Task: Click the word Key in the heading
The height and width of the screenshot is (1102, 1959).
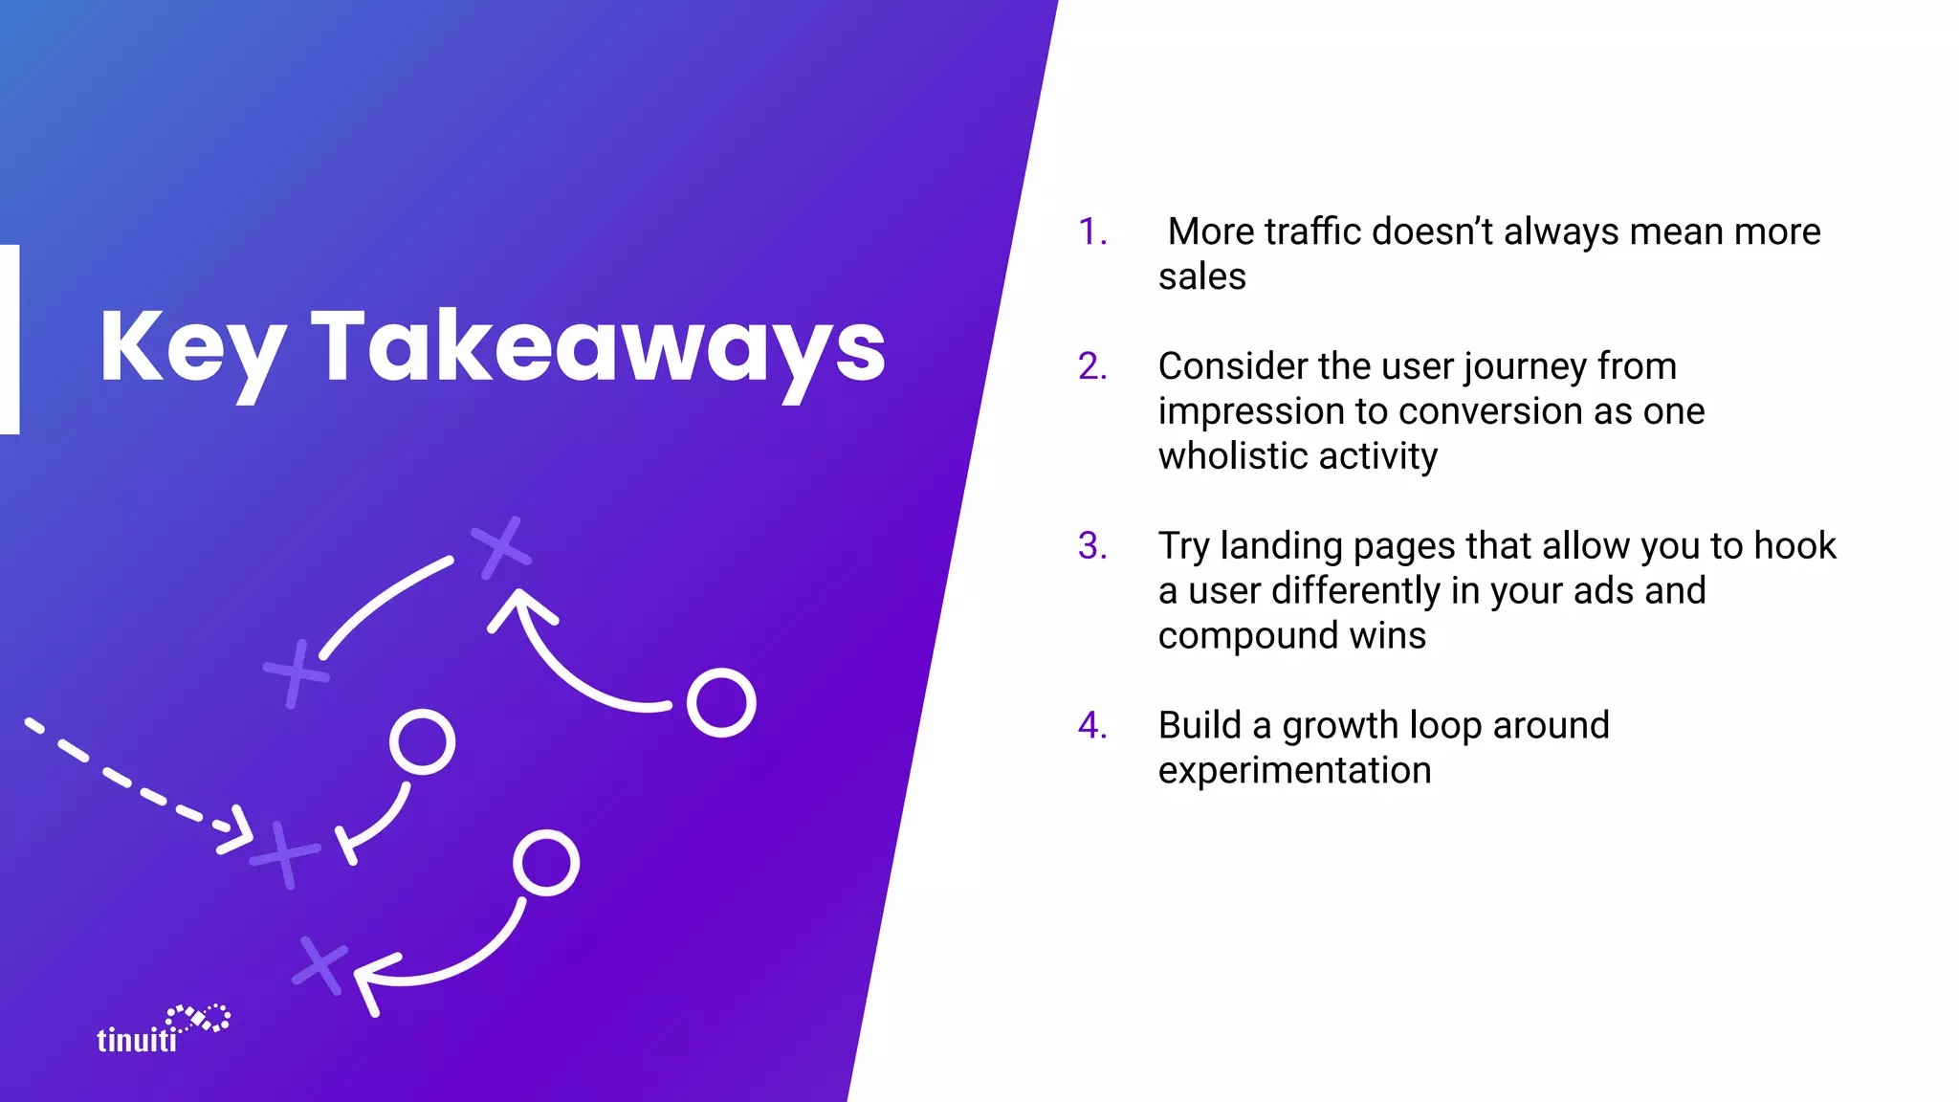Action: [x=191, y=348]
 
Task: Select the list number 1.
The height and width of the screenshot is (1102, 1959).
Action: [x=1091, y=232]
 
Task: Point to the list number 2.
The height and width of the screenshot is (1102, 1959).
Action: [x=1091, y=366]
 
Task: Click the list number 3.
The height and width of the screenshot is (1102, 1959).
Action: [x=1091, y=546]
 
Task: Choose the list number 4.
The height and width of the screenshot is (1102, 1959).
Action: [x=1091, y=726]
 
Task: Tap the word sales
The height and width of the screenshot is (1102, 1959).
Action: [x=1201, y=277]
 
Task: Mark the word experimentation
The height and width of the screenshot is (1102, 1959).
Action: [x=1294, y=771]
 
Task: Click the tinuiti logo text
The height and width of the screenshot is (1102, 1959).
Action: [x=137, y=1040]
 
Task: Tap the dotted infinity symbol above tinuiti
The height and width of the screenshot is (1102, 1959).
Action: [x=198, y=1018]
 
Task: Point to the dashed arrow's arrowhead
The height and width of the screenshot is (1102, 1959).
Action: [x=237, y=830]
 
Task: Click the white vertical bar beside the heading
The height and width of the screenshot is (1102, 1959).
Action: [x=10, y=340]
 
